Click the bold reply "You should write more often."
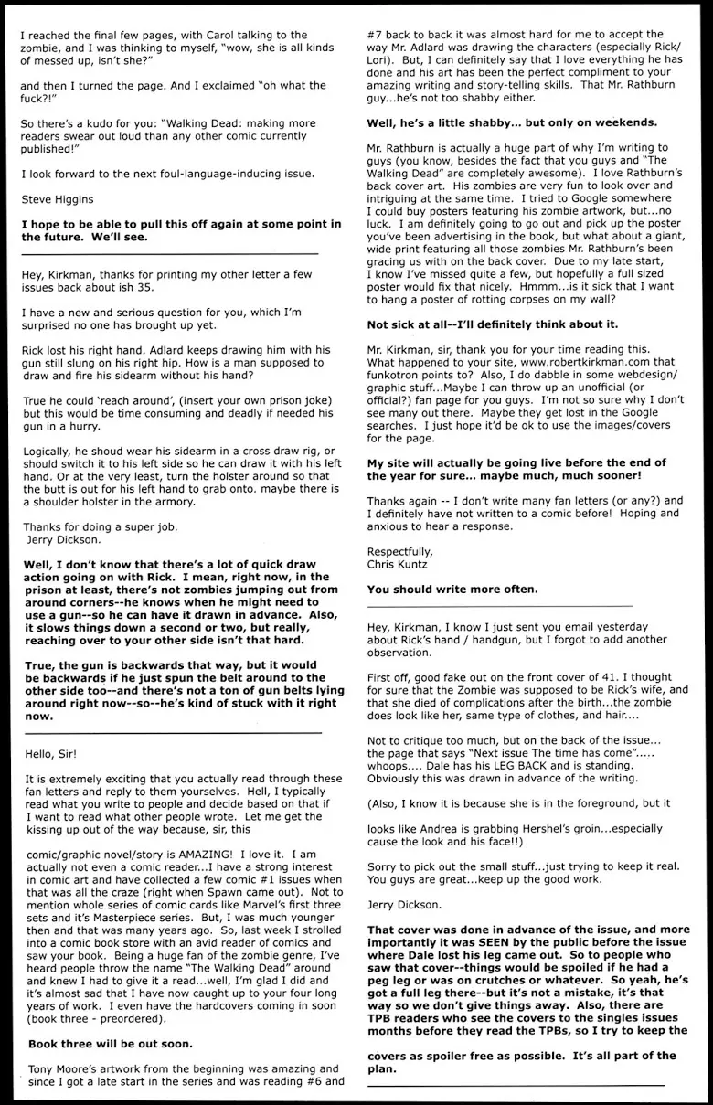pyautogui.click(x=452, y=589)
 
